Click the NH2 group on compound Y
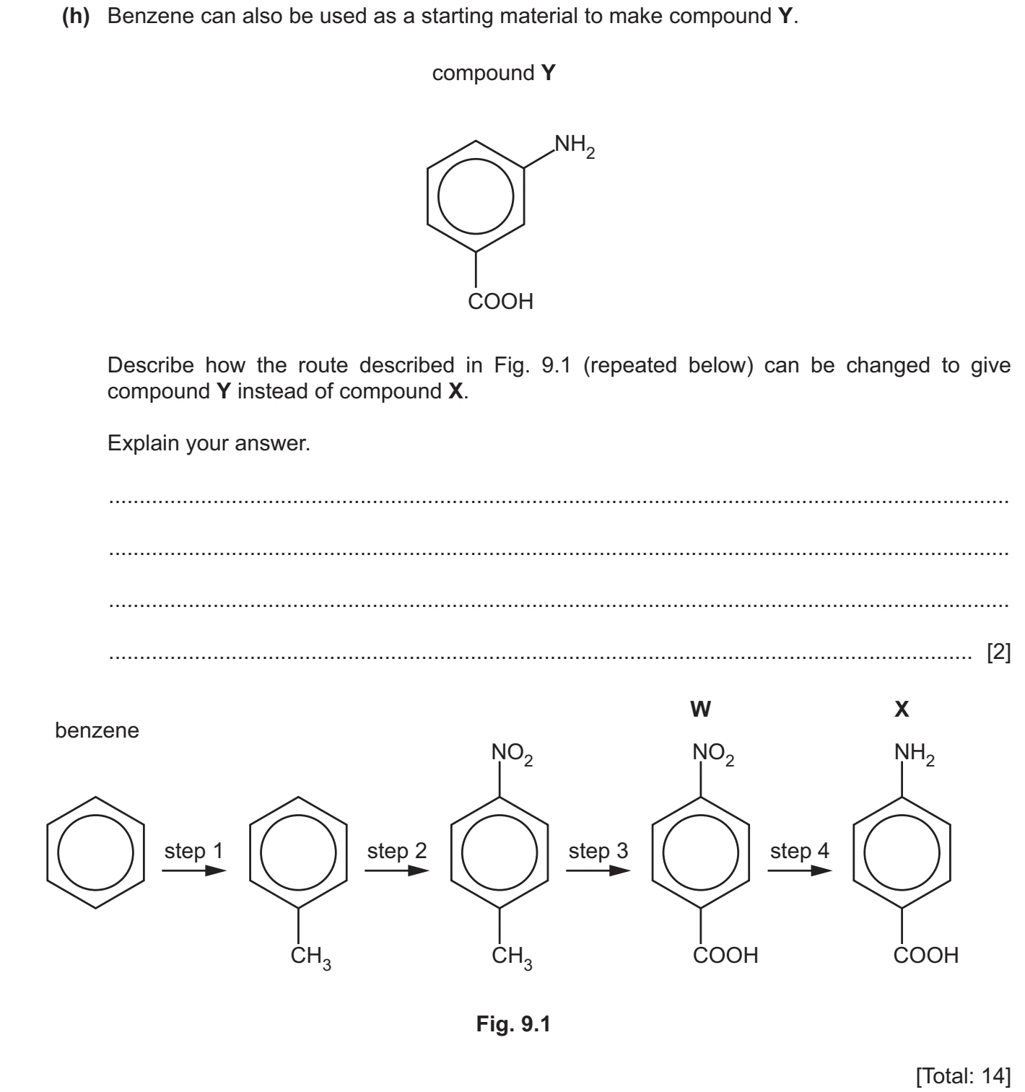(x=575, y=146)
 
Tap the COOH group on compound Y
(x=500, y=301)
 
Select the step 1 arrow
(x=193, y=870)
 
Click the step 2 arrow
(x=396, y=870)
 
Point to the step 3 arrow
(x=598, y=870)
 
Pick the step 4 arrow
(x=799, y=870)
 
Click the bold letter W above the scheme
(x=700, y=709)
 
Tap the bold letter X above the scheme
(x=902, y=709)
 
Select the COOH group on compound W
(x=725, y=955)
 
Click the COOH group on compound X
(x=926, y=955)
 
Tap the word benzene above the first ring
(x=97, y=730)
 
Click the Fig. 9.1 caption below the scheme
(x=513, y=1024)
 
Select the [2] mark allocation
(x=998, y=652)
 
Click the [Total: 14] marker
(x=963, y=1075)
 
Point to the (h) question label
(x=76, y=17)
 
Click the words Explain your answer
(x=209, y=443)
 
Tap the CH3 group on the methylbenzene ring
(x=311, y=957)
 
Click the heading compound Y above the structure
(x=494, y=73)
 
